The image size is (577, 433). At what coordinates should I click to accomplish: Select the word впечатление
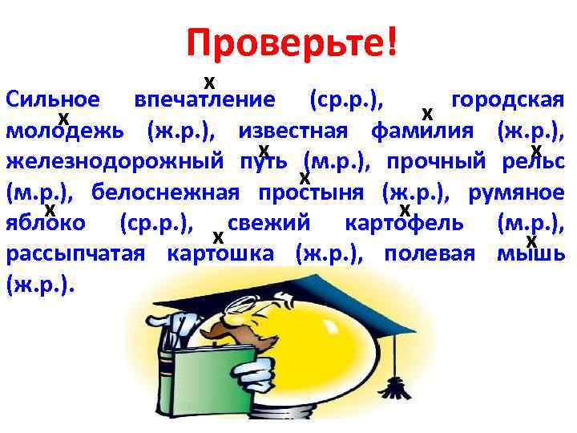pyautogui.click(x=205, y=100)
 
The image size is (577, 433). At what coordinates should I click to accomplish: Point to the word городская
pyautogui.click(x=509, y=100)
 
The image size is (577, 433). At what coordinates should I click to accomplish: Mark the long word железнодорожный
pyautogui.click(x=114, y=162)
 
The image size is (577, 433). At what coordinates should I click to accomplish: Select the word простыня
pyautogui.click(x=313, y=193)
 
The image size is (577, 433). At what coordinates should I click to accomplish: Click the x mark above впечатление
pyautogui.click(x=209, y=82)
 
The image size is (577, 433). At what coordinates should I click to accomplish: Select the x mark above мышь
pyautogui.click(x=531, y=241)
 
